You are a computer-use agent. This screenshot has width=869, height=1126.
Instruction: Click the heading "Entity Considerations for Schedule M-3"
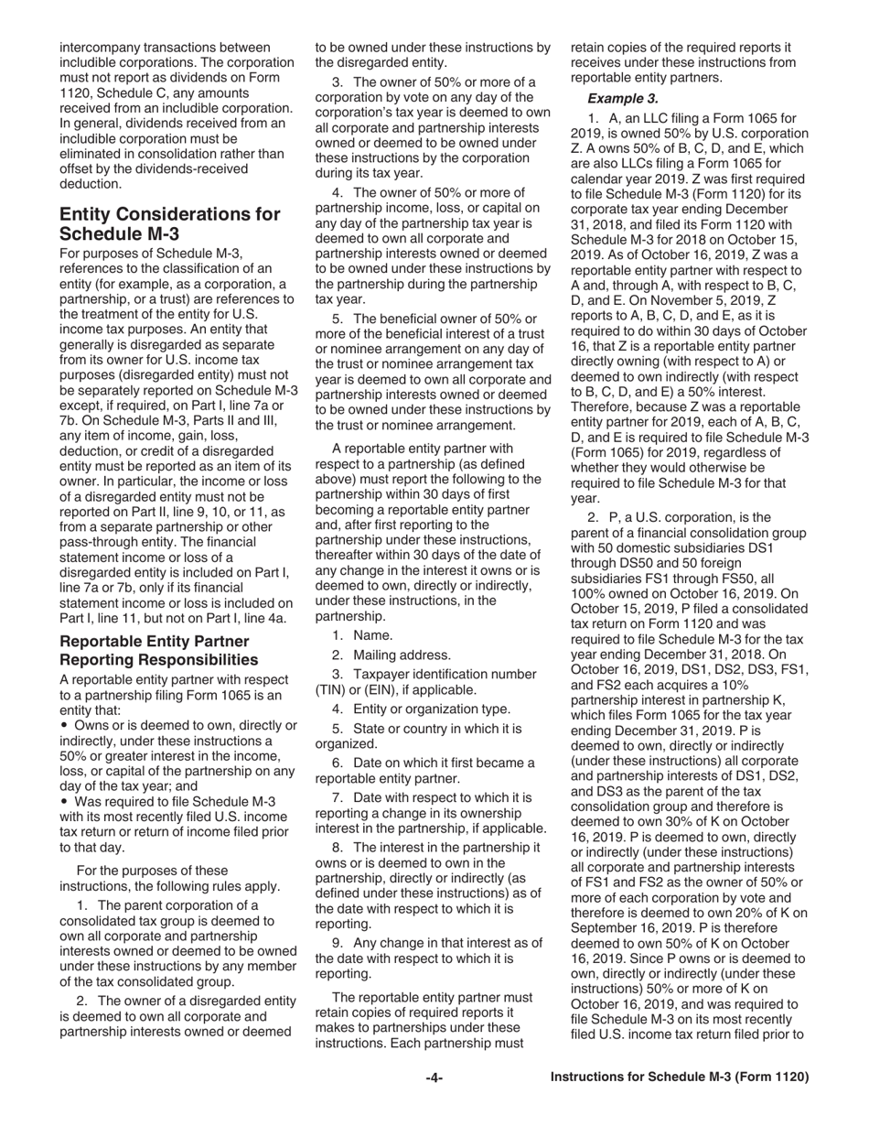coord(170,223)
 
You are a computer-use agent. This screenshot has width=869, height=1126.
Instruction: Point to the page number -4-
coord(434,1077)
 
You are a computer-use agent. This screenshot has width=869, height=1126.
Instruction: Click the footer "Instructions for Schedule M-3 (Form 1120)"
coord(680,1077)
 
